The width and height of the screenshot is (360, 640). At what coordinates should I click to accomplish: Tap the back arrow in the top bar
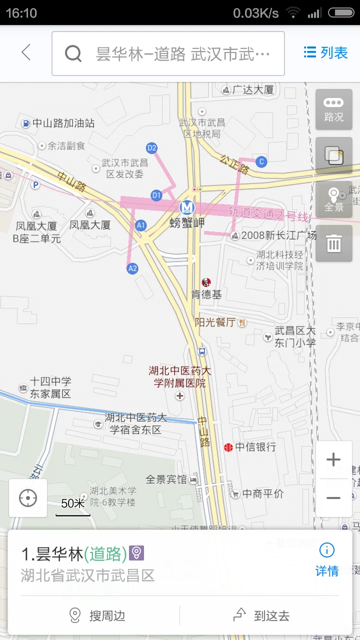[x=26, y=52]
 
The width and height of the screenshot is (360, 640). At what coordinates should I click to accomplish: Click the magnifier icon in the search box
[x=73, y=53]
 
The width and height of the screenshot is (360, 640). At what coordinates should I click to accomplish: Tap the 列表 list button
[x=326, y=52]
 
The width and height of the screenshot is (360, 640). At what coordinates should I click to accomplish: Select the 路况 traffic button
[x=333, y=109]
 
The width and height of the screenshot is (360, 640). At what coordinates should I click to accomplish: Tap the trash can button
[x=333, y=243]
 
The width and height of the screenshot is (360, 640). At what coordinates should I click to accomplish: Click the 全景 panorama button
[x=333, y=199]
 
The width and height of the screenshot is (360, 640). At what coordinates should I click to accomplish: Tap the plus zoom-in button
[x=333, y=460]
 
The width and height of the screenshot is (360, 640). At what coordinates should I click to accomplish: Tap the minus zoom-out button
[x=333, y=498]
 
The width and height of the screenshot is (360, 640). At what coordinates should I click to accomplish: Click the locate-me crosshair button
[x=28, y=498]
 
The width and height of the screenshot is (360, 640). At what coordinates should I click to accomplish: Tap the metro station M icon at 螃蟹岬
[x=187, y=206]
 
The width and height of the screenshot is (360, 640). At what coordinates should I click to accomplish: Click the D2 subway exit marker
[x=151, y=148]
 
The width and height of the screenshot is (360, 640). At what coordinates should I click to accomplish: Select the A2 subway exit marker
[x=132, y=268]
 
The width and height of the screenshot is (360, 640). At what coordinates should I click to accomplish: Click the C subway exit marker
[x=260, y=161]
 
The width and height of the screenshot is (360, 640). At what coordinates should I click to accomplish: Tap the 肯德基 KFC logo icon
[x=206, y=283]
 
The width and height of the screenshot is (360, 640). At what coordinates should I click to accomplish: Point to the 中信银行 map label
[x=255, y=447]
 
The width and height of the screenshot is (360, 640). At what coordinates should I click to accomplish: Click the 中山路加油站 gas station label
[x=63, y=123]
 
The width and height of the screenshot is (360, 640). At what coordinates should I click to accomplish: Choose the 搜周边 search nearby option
[x=98, y=615]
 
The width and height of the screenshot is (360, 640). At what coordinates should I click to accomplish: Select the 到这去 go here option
[x=262, y=615]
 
